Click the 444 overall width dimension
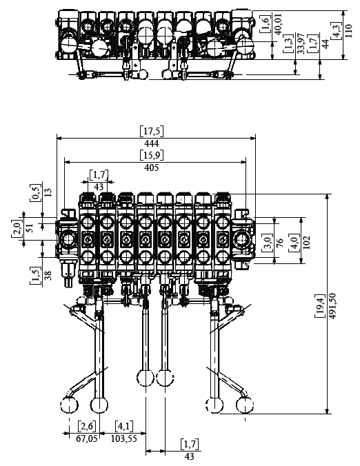152,143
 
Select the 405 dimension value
152,168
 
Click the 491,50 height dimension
333,306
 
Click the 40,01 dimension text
278,24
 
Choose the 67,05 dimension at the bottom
86,438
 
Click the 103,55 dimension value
124,438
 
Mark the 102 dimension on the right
308,242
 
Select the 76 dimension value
280,243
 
